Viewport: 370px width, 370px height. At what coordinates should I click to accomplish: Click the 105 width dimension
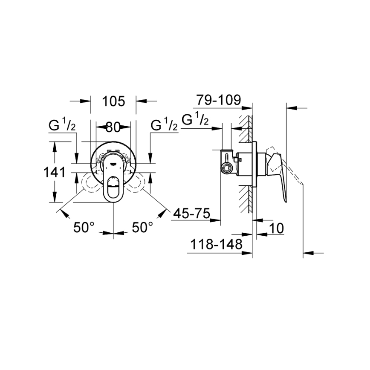113,101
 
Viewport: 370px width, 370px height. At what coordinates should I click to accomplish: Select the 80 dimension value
113,127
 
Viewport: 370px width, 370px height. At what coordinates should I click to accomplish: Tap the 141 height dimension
54,172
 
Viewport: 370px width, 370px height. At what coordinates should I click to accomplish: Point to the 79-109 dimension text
218,100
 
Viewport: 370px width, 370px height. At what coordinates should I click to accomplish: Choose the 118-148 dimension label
215,245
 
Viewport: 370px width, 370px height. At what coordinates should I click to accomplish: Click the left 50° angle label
84,227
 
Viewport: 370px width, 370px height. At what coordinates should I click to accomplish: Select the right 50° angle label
142,227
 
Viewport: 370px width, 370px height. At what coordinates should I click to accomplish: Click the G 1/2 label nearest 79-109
195,120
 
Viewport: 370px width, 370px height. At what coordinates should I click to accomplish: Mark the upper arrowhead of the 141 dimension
54,146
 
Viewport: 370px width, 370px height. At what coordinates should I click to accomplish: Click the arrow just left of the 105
86,101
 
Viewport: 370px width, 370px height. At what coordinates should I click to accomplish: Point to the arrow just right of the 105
141,101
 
